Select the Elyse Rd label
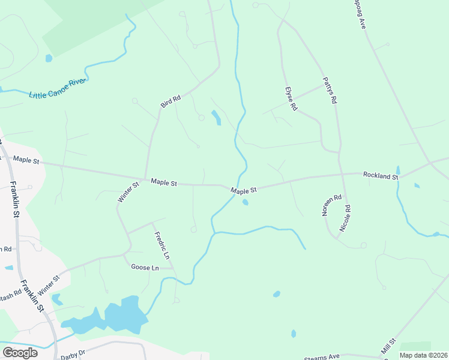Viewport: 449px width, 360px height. [292, 99]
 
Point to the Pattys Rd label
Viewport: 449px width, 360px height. [330, 91]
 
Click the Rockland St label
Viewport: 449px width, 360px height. [381, 176]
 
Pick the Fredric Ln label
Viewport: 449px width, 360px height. [162, 245]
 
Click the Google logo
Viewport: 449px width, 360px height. [20, 353]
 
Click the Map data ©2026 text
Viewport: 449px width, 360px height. [423, 355]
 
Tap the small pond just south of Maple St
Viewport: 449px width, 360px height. [245, 202]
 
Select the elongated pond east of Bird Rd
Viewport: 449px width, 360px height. [216, 118]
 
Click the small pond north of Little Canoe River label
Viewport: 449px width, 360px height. [49, 58]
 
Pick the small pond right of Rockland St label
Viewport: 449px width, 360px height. [417, 185]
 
